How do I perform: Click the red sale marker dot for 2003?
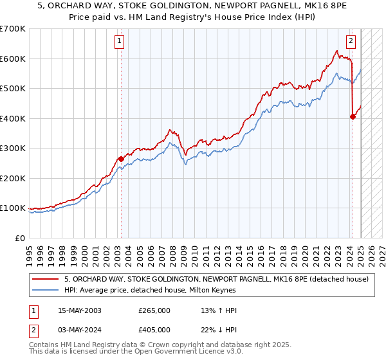(121, 159)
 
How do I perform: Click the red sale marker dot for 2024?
(353, 117)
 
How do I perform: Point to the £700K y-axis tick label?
(13, 29)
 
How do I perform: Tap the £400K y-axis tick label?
(13, 118)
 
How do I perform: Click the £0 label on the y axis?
(21, 238)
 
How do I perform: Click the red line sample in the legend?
(46, 279)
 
